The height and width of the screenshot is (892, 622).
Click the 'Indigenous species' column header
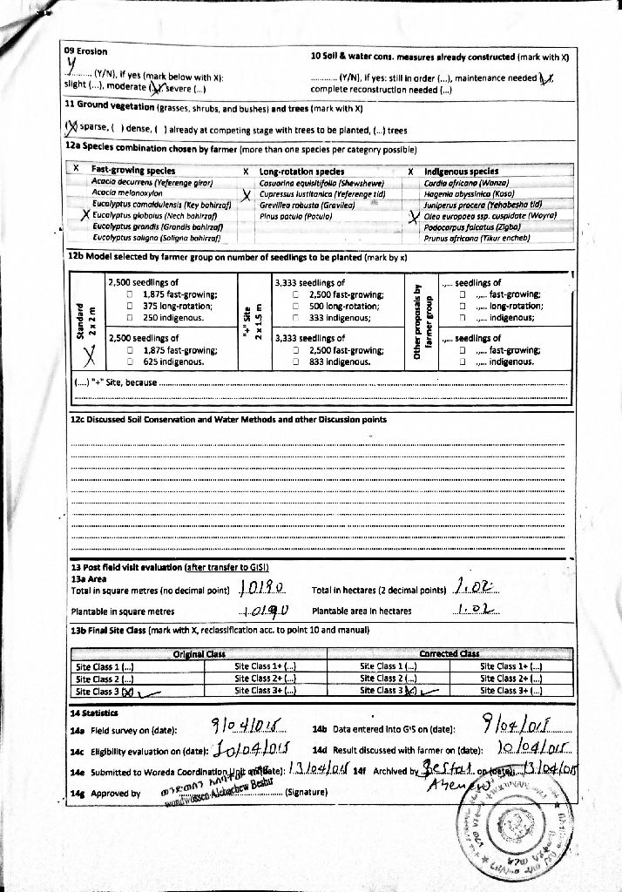click(x=461, y=172)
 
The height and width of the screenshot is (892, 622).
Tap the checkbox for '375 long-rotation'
click(x=130, y=307)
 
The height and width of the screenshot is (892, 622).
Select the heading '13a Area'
click(x=89, y=578)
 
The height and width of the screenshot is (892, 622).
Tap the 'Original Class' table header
click(x=199, y=653)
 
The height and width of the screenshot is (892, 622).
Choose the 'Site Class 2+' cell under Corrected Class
click(x=511, y=679)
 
